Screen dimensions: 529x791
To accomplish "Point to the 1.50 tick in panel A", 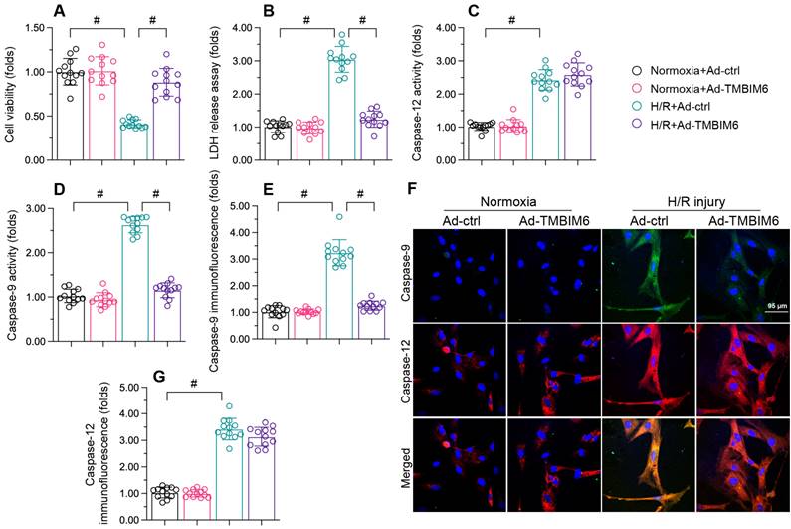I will tap(37, 28).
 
